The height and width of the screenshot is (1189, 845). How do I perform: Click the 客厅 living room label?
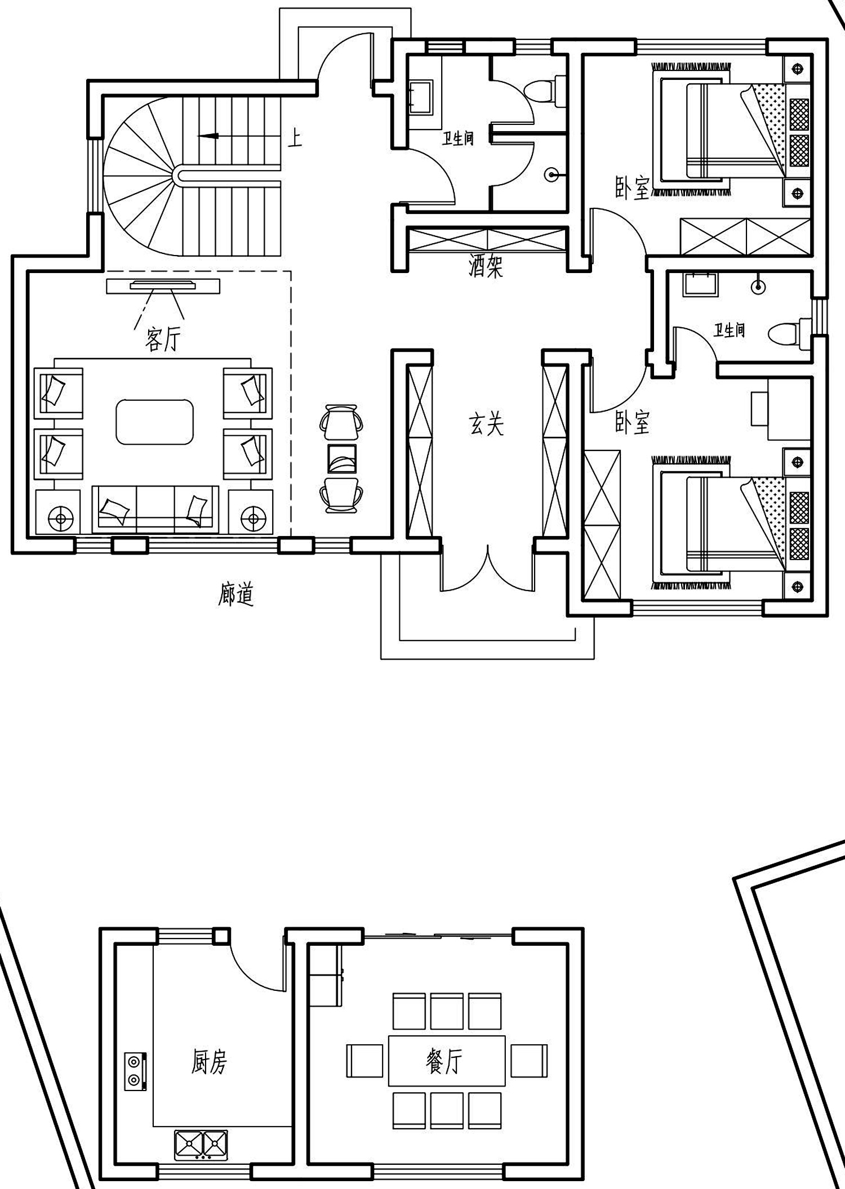(163, 340)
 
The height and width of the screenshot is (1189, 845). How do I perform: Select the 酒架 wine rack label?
(486, 266)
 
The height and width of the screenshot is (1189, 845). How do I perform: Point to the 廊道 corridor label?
(236, 594)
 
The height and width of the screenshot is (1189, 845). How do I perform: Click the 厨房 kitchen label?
(209, 1063)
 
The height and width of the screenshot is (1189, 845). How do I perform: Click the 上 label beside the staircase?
(295, 137)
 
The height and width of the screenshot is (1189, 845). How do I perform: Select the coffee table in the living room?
(155, 422)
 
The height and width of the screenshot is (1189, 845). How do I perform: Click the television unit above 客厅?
(163, 286)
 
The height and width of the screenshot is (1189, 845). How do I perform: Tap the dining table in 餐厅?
(447, 1061)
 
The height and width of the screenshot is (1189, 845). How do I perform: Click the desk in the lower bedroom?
(781, 409)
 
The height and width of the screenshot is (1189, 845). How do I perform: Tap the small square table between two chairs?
(342, 458)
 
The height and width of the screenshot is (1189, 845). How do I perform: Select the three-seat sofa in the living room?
(155, 509)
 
